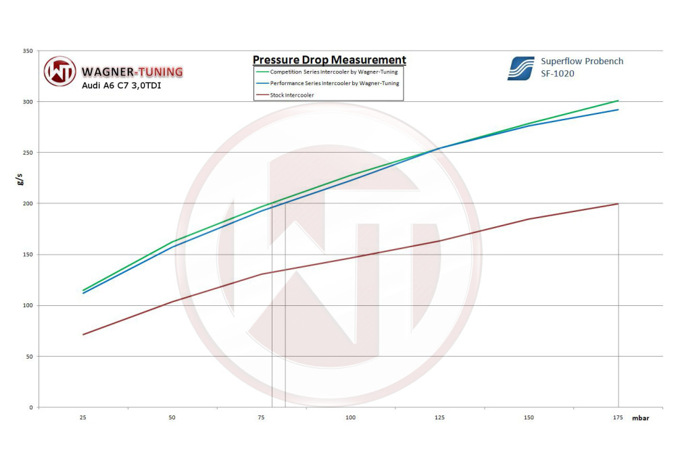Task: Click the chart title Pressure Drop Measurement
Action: [329, 60]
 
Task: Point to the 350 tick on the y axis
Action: [28, 51]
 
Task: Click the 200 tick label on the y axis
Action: [28, 203]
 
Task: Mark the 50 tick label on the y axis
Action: [30, 356]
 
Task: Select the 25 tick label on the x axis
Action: [83, 417]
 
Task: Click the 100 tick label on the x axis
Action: [350, 417]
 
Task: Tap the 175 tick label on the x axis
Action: [618, 417]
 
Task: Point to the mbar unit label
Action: [640, 418]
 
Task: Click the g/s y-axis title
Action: [20, 179]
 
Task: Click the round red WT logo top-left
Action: [60, 72]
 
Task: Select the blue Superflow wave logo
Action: [521, 68]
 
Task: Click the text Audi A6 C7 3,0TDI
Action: [121, 85]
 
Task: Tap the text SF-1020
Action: [558, 74]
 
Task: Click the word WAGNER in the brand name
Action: [107, 72]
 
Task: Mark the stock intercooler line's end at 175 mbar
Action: [618, 204]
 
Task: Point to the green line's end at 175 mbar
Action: [618, 101]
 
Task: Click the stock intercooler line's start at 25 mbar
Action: [83, 334]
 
